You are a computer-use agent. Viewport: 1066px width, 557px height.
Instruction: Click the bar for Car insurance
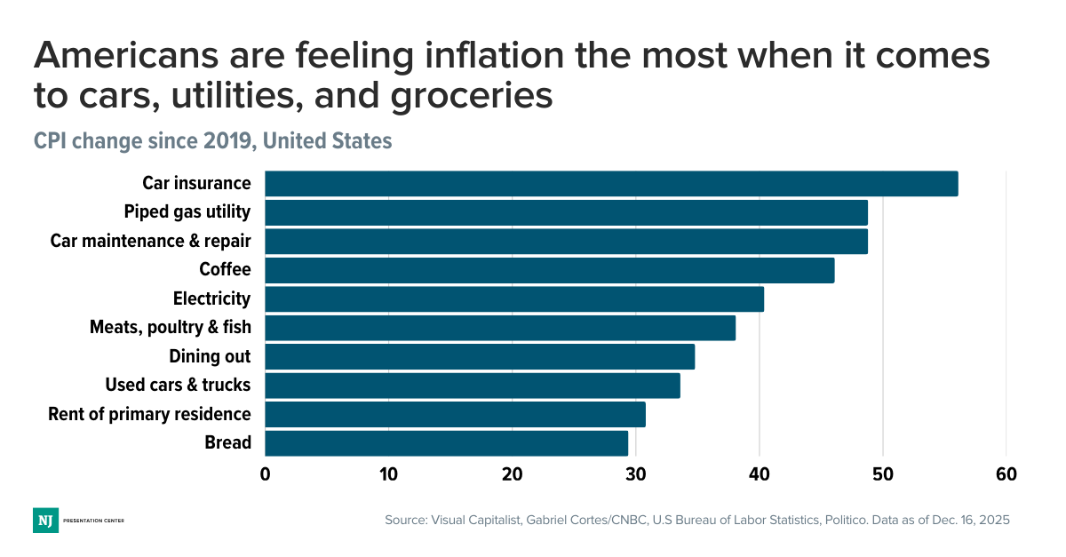pyautogui.click(x=611, y=184)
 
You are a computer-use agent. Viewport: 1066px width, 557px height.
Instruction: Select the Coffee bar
pyautogui.click(x=549, y=270)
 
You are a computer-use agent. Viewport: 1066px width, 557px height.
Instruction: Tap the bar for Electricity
pyautogui.click(x=513, y=299)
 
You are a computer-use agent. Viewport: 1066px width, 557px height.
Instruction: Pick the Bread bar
pyautogui.click(x=446, y=442)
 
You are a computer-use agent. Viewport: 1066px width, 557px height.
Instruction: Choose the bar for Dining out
pyautogui.click(x=480, y=356)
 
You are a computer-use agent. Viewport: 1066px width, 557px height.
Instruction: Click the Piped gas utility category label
pyautogui.click(x=187, y=212)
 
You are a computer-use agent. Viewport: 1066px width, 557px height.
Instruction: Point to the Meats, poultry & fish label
pyautogui.click(x=170, y=327)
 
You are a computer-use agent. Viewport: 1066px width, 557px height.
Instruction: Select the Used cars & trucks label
pyautogui.click(x=178, y=385)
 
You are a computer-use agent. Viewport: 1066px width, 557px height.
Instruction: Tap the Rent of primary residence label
pyautogui.click(x=149, y=414)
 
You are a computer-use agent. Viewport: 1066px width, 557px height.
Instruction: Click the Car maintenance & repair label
pyautogui.click(x=150, y=241)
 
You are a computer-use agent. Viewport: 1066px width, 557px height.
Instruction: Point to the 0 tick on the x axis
pyautogui.click(x=265, y=474)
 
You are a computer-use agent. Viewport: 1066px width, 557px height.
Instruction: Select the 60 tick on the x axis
pyautogui.click(x=1006, y=474)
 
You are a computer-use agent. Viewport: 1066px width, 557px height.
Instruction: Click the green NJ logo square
pyautogui.click(x=45, y=520)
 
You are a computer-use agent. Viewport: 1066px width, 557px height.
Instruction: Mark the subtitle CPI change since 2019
pyautogui.click(x=212, y=141)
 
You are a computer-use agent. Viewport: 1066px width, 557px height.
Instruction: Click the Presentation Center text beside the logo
pyautogui.click(x=93, y=520)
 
